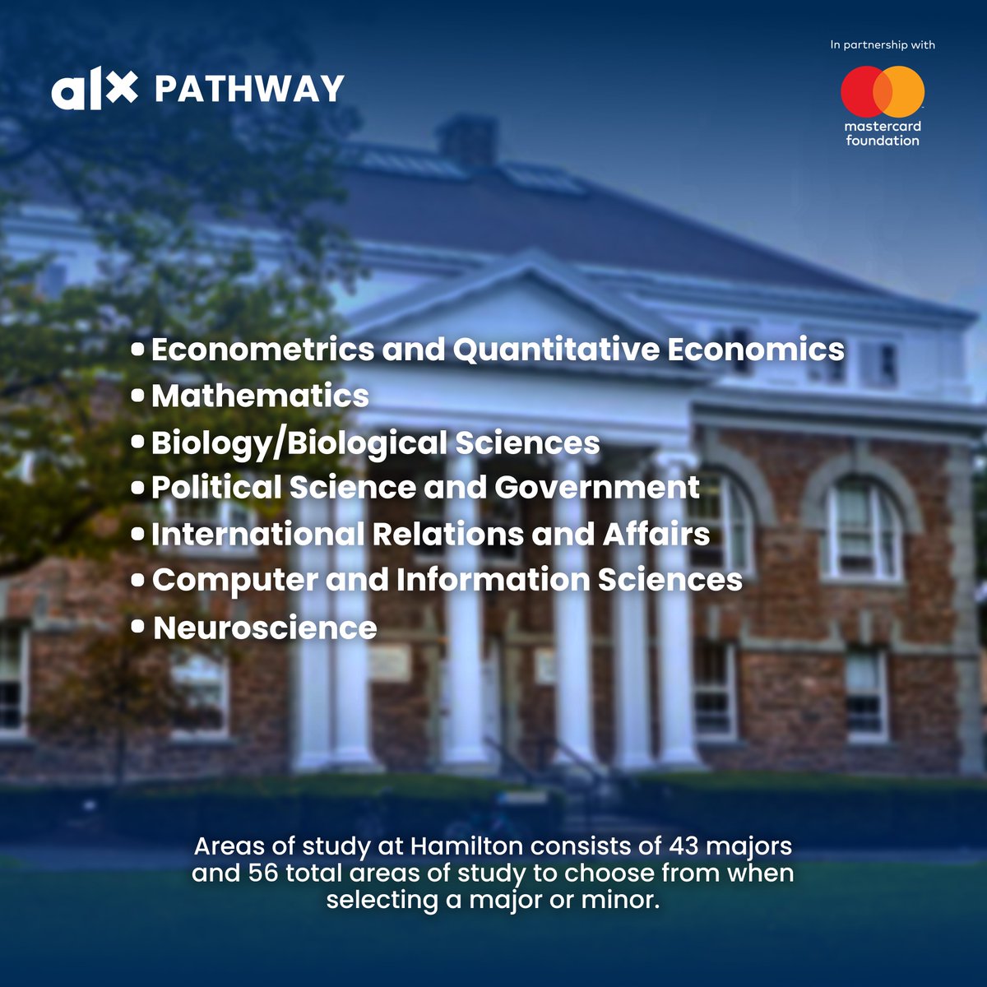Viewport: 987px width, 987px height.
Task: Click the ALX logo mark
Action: [94, 90]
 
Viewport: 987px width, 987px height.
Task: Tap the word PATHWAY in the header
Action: [249, 90]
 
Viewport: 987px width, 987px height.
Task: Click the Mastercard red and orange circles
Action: [883, 91]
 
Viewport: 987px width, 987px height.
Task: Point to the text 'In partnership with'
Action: [883, 45]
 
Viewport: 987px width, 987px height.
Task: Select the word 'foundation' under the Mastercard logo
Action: [883, 141]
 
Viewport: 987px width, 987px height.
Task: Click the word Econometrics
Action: [262, 350]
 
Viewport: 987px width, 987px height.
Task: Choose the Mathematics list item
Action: [260, 396]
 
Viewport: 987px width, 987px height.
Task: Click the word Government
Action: [597, 488]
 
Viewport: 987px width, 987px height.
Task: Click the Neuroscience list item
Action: [265, 628]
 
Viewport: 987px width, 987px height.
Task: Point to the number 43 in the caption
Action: [684, 846]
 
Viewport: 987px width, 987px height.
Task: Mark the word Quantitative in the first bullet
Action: [556, 350]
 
